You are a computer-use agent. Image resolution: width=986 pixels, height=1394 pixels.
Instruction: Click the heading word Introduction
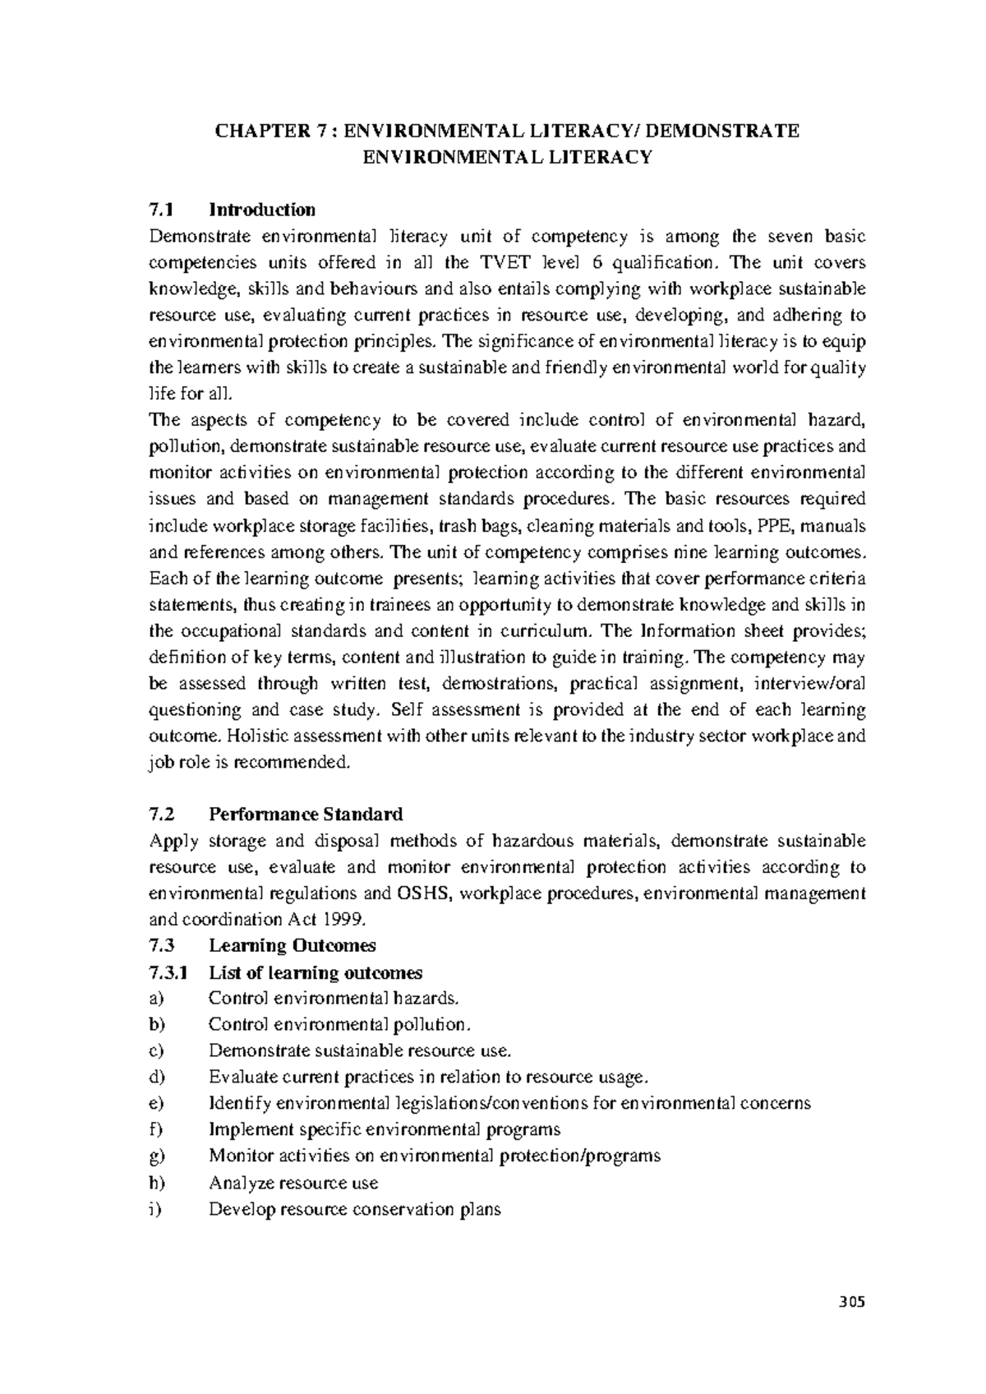click(x=262, y=210)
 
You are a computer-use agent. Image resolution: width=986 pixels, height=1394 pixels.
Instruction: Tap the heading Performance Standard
click(x=306, y=815)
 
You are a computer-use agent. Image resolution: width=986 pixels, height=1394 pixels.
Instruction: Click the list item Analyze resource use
click(x=293, y=1183)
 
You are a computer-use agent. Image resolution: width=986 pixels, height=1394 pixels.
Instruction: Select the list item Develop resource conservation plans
click(x=354, y=1209)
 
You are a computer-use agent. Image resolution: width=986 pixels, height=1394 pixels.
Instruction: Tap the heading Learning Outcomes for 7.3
click(x=292, y=946)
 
